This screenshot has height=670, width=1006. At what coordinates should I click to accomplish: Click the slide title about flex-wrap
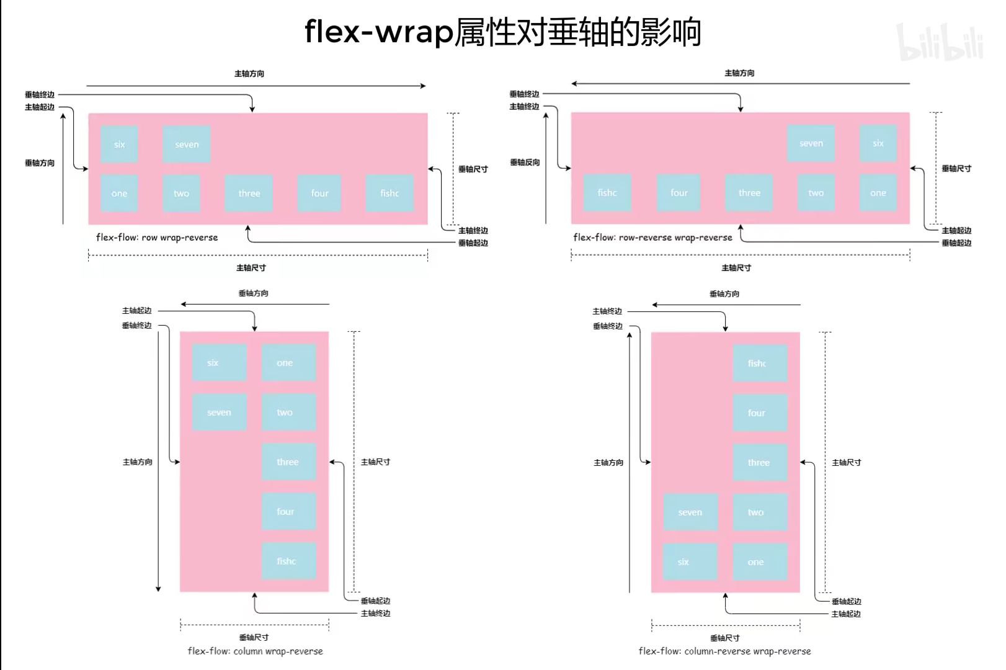[502, 32]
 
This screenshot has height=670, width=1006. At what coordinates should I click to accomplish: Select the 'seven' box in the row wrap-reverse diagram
[186, 145]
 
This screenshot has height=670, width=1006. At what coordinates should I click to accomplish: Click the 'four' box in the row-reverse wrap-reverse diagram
[679, 193]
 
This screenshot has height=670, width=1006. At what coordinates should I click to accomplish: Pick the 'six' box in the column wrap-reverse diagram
[218, 363]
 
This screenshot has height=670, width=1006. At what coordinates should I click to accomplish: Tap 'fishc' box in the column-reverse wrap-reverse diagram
[759, 364]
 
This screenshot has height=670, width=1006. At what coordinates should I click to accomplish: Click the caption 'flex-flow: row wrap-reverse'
[157, 238]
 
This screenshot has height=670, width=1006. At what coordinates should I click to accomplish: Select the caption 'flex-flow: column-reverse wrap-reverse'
[724, 651]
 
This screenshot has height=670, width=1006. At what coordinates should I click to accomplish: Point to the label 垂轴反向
[525, 163]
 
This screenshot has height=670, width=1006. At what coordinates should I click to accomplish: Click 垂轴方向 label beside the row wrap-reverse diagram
[40, 163]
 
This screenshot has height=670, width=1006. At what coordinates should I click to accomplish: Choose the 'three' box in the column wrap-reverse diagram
[288, 462]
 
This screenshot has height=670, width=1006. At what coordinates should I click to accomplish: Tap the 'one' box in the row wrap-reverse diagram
[119, 194]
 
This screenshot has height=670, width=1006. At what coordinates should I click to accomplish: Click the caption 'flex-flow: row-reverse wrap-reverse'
[652, 238]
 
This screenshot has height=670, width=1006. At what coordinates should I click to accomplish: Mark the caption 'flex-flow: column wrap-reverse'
[255, 651]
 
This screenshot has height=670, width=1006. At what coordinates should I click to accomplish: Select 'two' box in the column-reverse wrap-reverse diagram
[759, 512]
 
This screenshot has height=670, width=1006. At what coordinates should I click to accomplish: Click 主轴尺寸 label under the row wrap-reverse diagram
[251, 268]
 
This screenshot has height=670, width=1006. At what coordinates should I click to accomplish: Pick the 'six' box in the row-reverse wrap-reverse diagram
[878, 143]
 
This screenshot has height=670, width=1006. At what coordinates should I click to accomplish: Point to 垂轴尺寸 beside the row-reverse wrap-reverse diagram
[956, 169]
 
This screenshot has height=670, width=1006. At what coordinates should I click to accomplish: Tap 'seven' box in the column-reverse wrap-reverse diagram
[690, 512]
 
